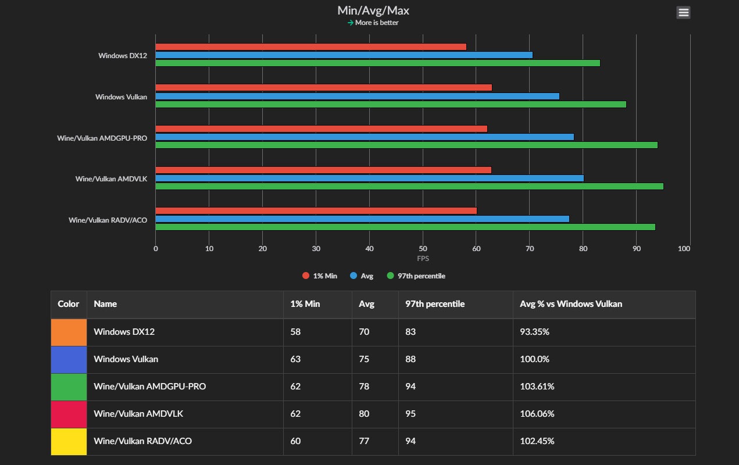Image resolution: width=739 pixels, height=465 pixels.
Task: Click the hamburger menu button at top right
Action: click(x=683, y=12)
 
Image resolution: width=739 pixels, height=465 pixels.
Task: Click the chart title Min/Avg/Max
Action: click(x=373, y=10)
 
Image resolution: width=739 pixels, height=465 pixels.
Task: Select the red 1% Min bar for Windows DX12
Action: click(x=310, y=46)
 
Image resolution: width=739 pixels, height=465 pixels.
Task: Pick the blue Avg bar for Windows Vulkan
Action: click(x=357, y=96)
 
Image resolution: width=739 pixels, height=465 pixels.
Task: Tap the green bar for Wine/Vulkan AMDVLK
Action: click(x=409, y=186)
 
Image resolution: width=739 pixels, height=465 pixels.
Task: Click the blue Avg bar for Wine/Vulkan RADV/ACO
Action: click(x=362, y=219)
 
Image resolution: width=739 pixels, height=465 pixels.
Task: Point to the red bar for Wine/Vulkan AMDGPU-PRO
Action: click(x=321, y=128)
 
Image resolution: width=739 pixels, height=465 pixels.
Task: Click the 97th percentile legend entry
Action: click(x=416, y=276)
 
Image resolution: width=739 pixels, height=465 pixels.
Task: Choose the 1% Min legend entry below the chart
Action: click(x=320, y=276)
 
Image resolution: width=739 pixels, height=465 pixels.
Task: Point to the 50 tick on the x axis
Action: click(x=423, y=249)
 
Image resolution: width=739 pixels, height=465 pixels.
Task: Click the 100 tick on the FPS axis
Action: click(x=684, y=249)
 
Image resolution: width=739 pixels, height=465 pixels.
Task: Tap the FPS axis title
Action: click(x=423, y=258)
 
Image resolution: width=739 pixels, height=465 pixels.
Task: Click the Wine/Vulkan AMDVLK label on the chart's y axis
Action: click(x=111, y=178)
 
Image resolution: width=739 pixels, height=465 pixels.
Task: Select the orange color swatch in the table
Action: click(x=69, y=332)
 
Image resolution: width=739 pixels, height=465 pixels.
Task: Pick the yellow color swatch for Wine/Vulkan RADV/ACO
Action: click(x=69, y=441)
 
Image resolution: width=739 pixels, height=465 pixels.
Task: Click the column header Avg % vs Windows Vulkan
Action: click(x=571, y=304)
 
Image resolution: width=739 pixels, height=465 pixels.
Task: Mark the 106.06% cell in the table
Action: click(x=537, y=414)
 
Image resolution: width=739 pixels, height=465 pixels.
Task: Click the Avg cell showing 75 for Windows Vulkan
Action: click(x=364, y=359)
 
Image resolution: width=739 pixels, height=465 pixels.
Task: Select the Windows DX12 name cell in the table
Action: click(x=124, y=332)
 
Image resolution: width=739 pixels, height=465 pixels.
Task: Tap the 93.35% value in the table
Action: click(x=535, y=332)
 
